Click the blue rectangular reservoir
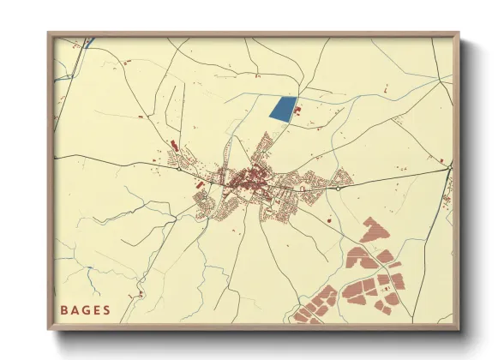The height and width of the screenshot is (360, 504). [x=282, y=109]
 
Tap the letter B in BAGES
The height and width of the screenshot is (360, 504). [x=64, y=309]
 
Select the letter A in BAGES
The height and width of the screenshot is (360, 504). [x=75, y=309]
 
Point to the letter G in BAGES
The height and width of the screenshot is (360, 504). [x=87, y=309]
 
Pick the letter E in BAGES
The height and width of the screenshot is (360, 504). [x=97, y=309]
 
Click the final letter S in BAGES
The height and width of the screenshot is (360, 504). [x=107, y=309]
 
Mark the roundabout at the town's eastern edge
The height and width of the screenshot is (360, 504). [x=339, y=187]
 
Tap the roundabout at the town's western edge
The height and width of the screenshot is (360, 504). [x=177, y=168]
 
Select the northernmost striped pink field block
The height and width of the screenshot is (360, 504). [x=375, y=228]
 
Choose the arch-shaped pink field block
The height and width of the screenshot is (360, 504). [x=359, y=258]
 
